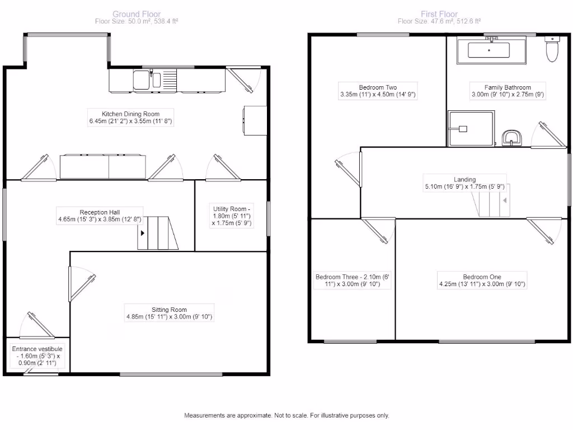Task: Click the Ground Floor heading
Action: (x=137, y=14)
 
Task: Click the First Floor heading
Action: (x=439, y=14)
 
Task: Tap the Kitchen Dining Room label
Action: (x=130, y=118)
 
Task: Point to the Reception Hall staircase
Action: (x=158, y=233)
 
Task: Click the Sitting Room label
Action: (x=169, y=313)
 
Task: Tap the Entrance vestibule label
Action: (x=37, y=356)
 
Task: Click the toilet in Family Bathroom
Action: (x=552, y=50)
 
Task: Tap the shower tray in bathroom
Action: (x=471, y=128)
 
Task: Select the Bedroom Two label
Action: (x=378, y=91)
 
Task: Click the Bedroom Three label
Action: (x=353, y=281)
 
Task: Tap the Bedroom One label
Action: (x=482, y=281)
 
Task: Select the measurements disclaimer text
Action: (x=286, y=415)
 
